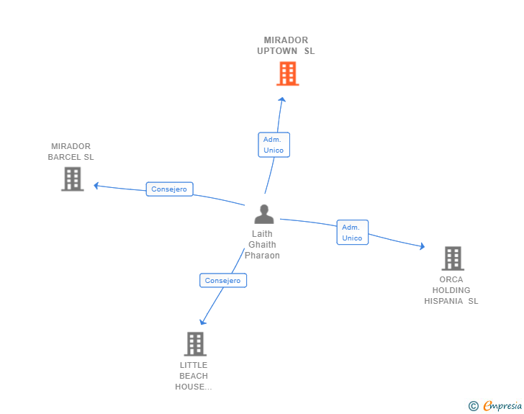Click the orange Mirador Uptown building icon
pyautogui.click(x=287, y=73)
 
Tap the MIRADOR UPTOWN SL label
pyautogui.click(x=286, y=45)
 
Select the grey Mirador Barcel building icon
pyautogui.click(x=73, y=179)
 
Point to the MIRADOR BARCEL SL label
pyautogui.click(x=71, y=151)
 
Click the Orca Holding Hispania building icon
pyautogui.click(x=453, y=258)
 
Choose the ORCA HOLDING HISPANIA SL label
pyautogui.click(x=451, y=290)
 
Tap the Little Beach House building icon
pyautogui.click(x=195, y=343)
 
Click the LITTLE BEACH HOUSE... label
pyautogui.click(x=194, y=376)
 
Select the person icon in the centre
pyautogui.click(x=264, y=214)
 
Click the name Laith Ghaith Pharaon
pyautogui.click(x=262, y=245)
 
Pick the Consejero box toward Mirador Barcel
pyautogui.click(x=169, y=189)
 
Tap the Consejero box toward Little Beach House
pyautogui.click(x=223, y=280)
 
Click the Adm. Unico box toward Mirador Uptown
pyautogui.click(x=274, y=145)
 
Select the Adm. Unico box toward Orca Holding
pyautogui.click(x=352, y=233)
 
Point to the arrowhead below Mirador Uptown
pyautogui.click(x=282, y=99)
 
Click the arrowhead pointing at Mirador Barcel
pyautogui.click(x=96, y=186)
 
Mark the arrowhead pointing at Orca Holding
pyautogui.click(x=423, y=246)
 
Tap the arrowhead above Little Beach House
pyautogui.click(x=202, y=322)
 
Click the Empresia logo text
pyautogui.click(x=502, y=405)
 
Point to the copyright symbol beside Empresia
pyautogui.click(x=473, y=406)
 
